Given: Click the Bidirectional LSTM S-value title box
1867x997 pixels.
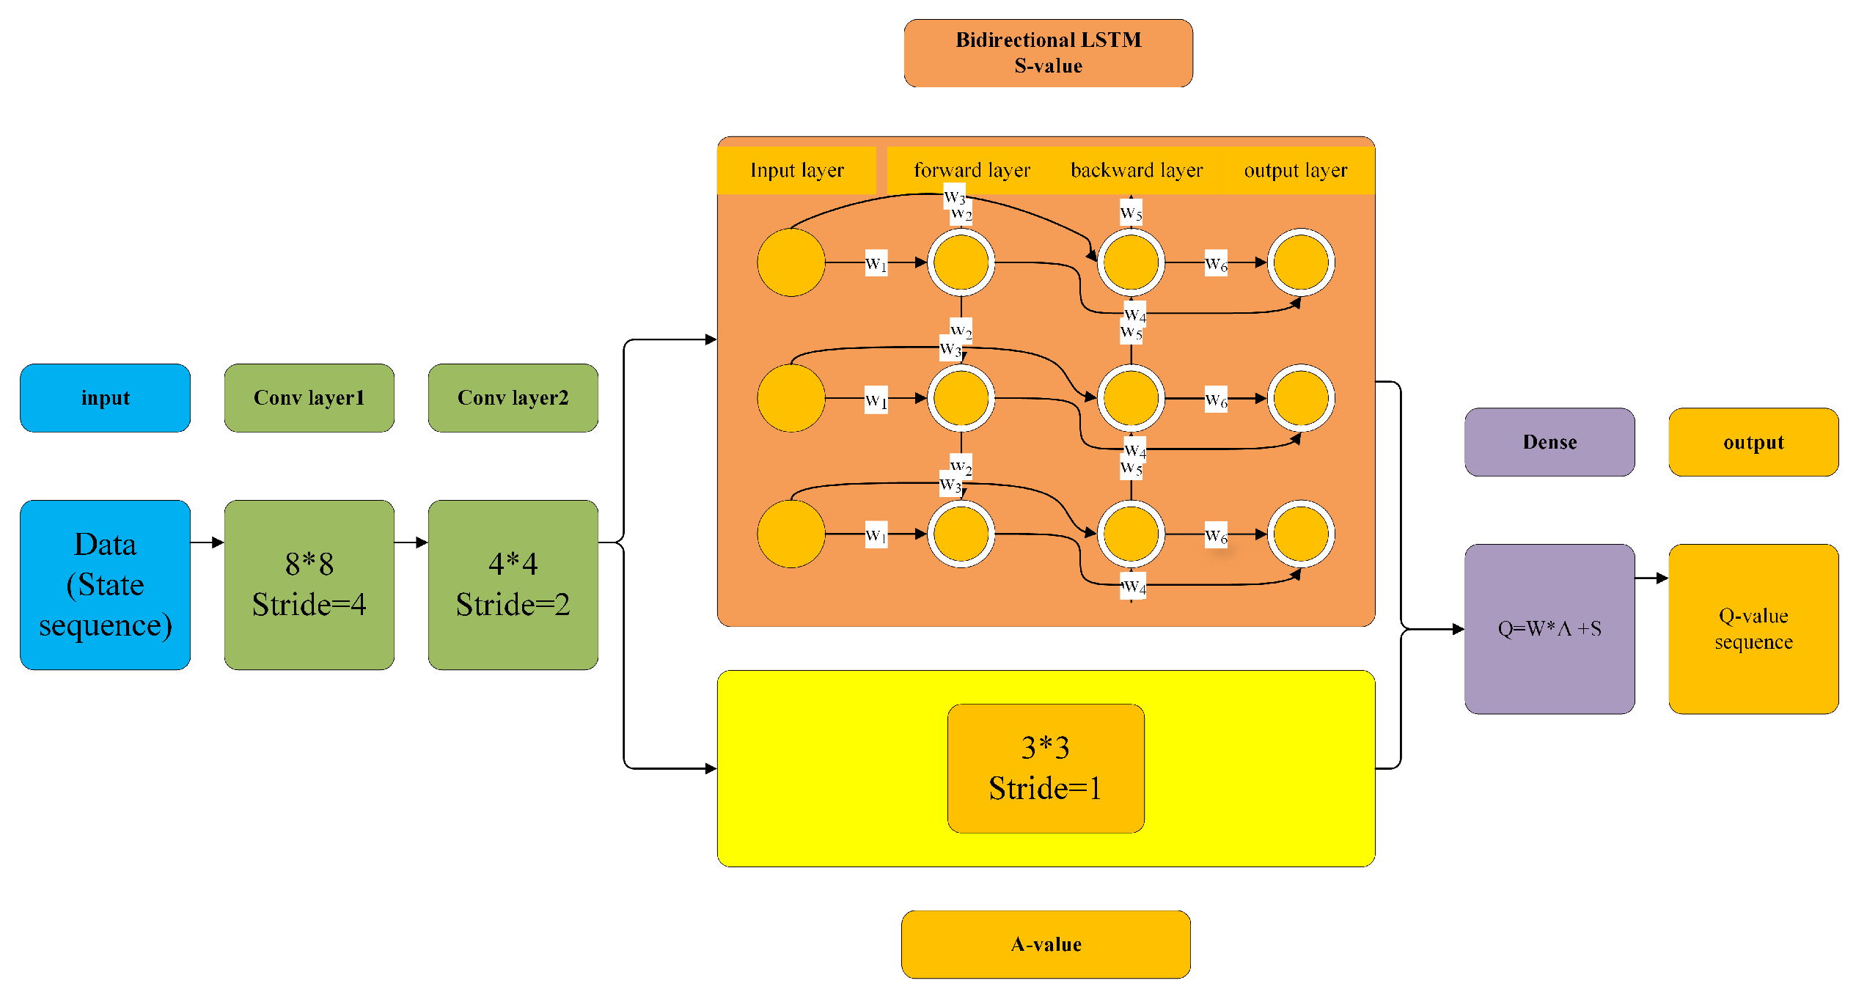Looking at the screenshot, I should (1048, 53).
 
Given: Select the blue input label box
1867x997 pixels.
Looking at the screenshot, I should (105, 397).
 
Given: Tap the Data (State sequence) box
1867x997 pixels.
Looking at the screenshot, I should (105, 584).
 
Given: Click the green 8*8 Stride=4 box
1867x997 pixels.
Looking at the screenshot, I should (309, 584).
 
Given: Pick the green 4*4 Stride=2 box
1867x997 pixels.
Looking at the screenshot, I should (513, 584).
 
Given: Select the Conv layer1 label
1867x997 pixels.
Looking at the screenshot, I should (309, 397).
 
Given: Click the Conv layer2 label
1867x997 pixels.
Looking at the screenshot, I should (513, 397).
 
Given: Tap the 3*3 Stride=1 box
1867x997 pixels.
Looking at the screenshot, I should (1045, 768).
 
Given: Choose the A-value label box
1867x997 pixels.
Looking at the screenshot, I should (1046, 944).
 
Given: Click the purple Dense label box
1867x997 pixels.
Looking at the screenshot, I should (1549, 442).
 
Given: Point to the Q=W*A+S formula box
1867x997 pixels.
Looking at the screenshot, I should (1549, 628).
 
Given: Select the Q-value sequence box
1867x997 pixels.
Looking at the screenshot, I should (1753, 628).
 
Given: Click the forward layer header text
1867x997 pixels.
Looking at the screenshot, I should (972, 170).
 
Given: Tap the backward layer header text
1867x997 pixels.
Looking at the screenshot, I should (1137, 170).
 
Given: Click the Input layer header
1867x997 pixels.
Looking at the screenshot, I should (796, 170).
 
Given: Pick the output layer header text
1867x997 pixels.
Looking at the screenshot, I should (1295, 170).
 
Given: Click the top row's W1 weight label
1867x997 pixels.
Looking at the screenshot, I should (876, 263).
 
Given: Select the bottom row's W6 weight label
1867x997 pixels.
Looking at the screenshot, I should (1216, 535).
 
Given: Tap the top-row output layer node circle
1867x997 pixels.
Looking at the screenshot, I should (1301, 262).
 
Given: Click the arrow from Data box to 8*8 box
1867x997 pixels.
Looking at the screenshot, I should (207, 542).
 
